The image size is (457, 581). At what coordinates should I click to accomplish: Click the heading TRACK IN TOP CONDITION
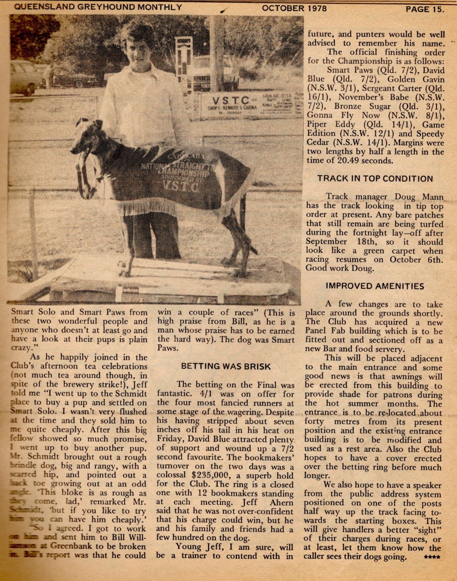pos(375,179)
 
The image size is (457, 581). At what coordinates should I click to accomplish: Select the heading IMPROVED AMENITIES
pos(375,286)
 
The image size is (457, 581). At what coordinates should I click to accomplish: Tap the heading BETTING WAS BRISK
pos(226,366)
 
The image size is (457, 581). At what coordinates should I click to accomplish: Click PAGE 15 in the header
pos(424,9)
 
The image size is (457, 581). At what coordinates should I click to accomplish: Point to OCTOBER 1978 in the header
pos(294,8)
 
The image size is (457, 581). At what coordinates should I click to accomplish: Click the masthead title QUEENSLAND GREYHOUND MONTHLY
pos(98,7)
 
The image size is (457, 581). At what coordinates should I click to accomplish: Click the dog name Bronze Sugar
pos(362,106)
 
